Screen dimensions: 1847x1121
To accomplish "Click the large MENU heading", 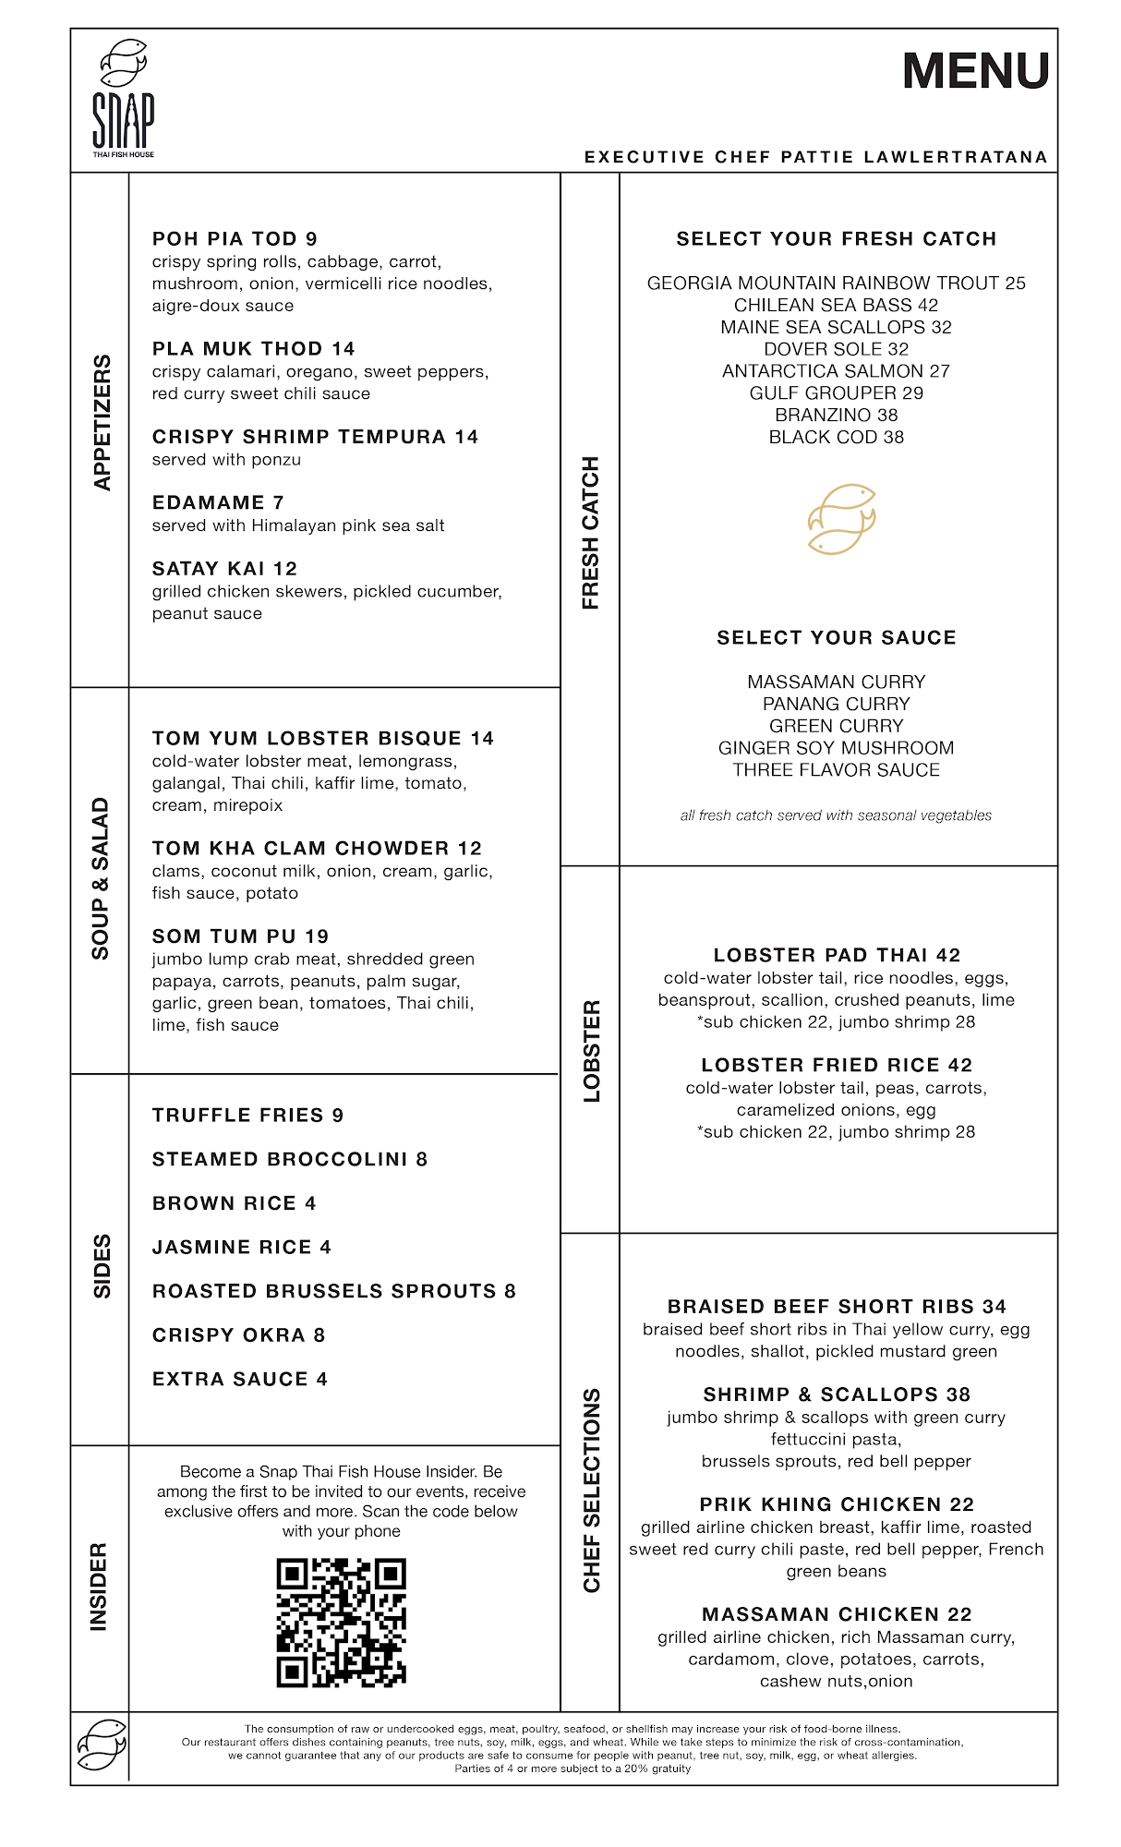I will coord(975,71).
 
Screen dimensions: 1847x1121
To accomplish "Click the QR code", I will coord(342,1623).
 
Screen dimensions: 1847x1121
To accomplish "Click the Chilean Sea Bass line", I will coord(836,305).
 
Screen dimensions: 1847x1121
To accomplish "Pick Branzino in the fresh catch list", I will coord(836,415).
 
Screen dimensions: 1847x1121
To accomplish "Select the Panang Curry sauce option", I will coord(836,704).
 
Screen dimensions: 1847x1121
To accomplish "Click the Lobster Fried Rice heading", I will coord(836,1065).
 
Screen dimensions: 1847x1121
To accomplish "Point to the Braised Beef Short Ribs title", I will coord(836,1306).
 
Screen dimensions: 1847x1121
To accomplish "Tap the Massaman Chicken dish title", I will coord(836,1613).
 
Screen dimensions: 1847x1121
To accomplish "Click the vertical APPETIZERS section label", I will coord(102,422).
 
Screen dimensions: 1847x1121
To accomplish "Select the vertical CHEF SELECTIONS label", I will coord(592,1489).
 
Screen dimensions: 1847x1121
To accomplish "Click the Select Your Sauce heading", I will coord(836,637).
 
